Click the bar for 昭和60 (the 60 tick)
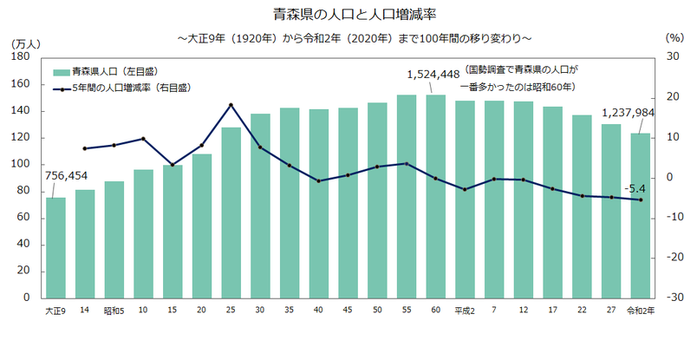[x=436, y=196]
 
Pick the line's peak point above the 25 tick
[x=231, y=105]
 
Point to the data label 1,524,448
[x=432, y=75]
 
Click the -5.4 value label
[x=635, y=188]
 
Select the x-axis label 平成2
[x=465, y=311]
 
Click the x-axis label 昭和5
[x=114, y=311]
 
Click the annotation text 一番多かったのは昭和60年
[x=518, y=88]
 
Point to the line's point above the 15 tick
[x=173, y=165]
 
